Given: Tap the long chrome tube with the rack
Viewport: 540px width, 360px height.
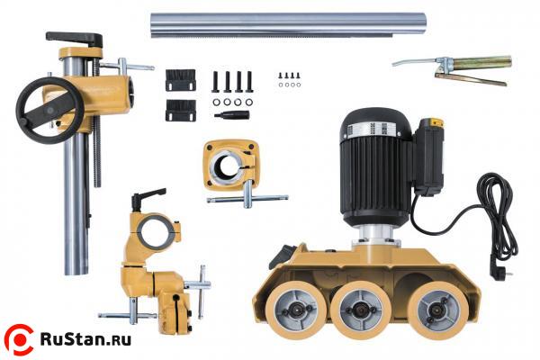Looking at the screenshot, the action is (x=288, y=24).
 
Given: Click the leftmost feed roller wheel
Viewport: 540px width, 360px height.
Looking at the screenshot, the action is (x=295, y=310).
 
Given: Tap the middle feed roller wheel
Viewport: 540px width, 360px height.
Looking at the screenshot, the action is (x=361, y=310).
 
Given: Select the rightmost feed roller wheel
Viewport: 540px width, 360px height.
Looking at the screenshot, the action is (x=437, y=310).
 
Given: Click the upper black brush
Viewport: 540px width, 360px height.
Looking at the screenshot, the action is (x=181, y=80).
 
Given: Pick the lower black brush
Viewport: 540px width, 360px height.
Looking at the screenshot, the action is (x=181, y=110).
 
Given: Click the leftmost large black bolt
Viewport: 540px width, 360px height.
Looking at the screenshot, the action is (x=216, y=82).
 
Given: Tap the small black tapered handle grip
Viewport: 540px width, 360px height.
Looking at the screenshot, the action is (x=232, y=115).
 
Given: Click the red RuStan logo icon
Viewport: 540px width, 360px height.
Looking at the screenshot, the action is (x=19, y=339).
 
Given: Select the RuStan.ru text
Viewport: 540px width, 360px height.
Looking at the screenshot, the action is (x=85, y=339).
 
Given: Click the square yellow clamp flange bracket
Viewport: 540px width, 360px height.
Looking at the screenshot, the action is (x=230, y=165).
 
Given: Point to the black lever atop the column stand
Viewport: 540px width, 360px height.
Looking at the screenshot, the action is (x=75, y=39).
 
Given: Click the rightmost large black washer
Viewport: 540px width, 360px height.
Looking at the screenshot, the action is (x=248, y=102).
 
